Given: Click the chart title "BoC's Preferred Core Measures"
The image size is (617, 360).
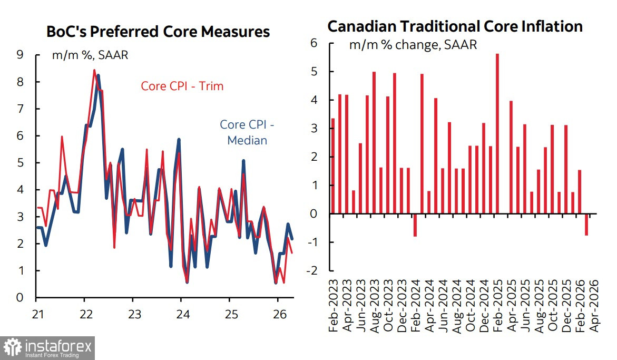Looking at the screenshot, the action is pos(158,32).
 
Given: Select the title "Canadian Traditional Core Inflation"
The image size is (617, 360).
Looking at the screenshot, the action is pos(455,26).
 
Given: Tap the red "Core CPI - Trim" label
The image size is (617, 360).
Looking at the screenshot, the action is pos(182,86).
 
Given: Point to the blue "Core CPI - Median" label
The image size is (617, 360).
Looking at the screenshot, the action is pos(247,132).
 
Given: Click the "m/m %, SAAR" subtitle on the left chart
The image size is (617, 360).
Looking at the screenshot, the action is pos(90,55).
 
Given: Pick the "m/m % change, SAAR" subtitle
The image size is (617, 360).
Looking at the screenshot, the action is pos(413,45).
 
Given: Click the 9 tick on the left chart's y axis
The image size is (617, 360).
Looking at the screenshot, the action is pos(20,54).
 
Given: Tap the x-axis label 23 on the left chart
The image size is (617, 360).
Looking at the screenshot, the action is pos(134,314).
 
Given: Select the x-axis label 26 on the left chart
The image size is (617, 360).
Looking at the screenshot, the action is pos(279,314).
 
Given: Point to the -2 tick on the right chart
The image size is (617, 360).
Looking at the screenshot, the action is pos(312,271).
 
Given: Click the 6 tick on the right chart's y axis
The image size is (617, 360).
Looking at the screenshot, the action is pos(314,43).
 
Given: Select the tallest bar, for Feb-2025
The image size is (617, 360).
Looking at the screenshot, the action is pos(497,134).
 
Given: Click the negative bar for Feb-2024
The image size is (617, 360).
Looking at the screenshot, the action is pos(415,225).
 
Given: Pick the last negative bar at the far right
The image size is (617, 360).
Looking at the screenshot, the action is pos(586,225).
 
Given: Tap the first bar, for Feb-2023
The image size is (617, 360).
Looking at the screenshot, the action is pos(333,166).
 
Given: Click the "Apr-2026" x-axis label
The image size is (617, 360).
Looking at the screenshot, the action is pos(594,306).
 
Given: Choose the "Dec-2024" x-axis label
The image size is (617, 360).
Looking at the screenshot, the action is pos(484,306).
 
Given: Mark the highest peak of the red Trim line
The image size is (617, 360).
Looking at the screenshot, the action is pos(94,71).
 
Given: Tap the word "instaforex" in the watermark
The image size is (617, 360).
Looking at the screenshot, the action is pos(58,346).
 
